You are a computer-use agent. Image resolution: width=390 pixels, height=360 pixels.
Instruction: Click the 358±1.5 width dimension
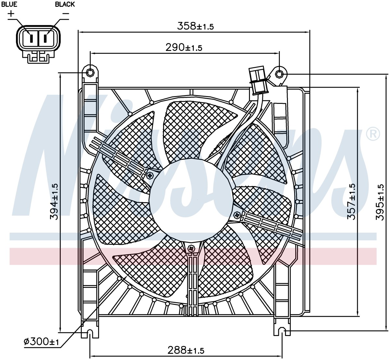[x=195, y=26]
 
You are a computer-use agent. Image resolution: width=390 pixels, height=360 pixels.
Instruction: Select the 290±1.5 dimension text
[x=184, y=47]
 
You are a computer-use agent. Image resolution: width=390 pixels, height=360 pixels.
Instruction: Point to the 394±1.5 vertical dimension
[x=54, y=202]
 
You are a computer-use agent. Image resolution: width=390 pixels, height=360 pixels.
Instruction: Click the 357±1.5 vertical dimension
[x=351, y=202]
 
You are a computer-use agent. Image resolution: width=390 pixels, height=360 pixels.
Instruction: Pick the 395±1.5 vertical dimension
[x=379, y=202]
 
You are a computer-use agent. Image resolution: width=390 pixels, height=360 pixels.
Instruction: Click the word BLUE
[x=9, y=4]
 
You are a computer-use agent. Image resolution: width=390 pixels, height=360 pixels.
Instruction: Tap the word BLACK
[x=65, y=4]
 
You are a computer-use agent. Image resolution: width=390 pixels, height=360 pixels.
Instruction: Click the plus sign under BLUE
[x=11, y=14]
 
